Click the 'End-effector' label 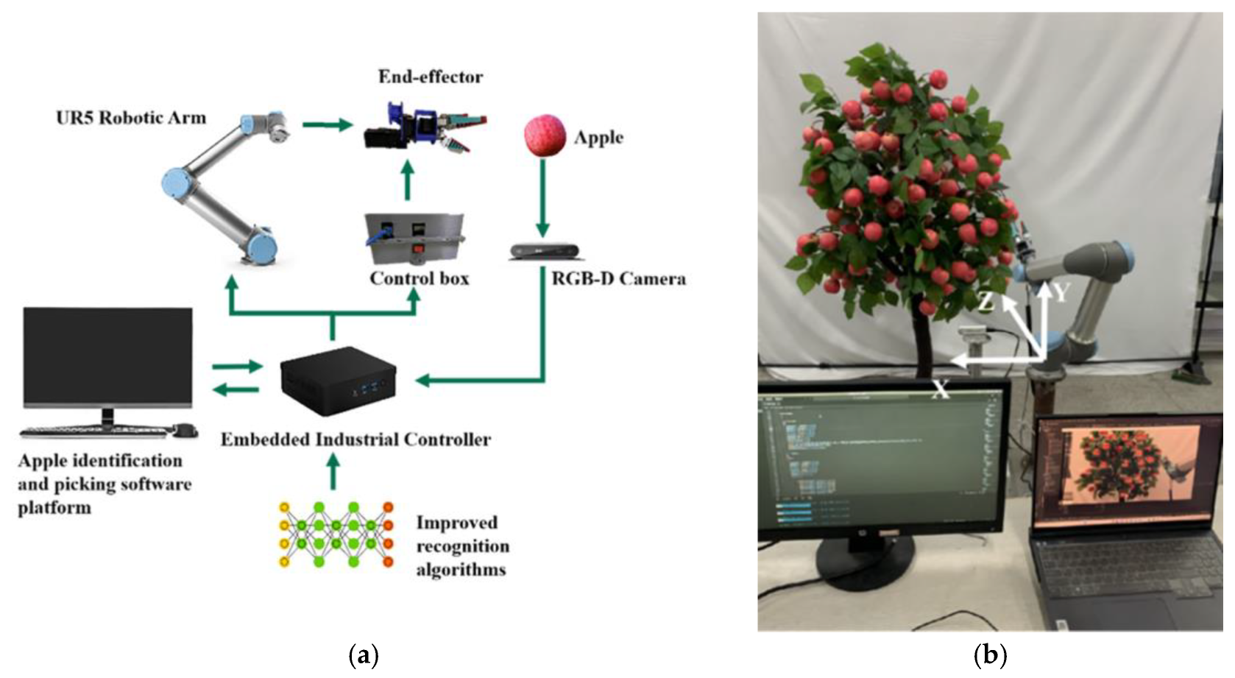(431, 77)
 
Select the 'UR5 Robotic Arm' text (131, 118)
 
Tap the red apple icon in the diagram (545, 135)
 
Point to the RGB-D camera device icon (544, 252)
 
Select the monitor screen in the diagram (107, 356)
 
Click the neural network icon (336, 535)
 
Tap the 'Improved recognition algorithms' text (462, 546)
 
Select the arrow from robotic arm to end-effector (327, 124)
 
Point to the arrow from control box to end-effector (407, 180)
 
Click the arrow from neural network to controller (333, 471)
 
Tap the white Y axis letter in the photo (1060, 293)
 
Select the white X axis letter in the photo (941, 390)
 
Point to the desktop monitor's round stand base (867, 571)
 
